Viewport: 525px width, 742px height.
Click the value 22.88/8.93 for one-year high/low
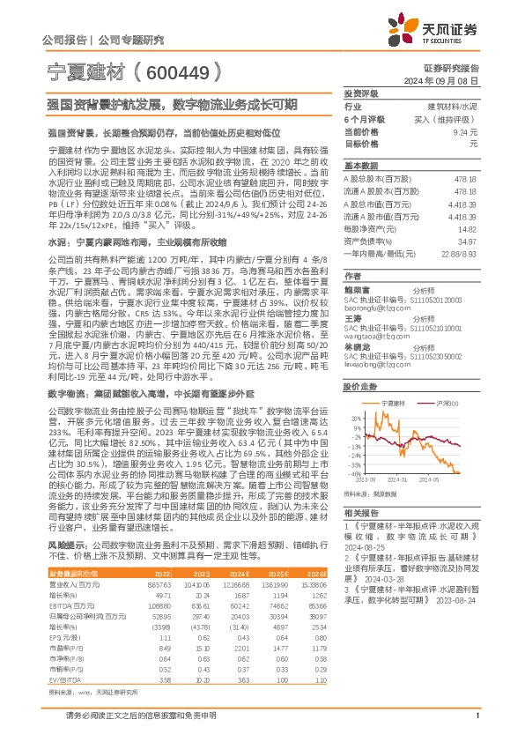click(x=459, y=252)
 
